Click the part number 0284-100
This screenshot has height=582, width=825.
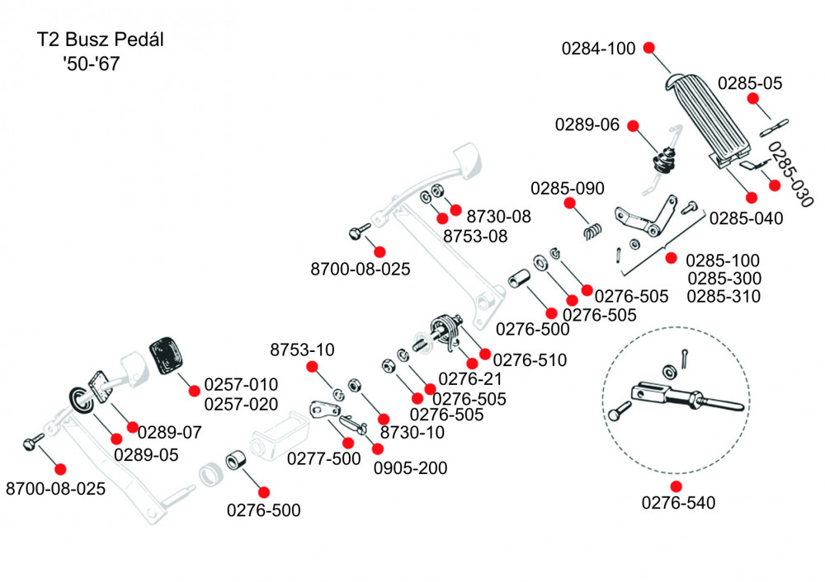coord(599,48)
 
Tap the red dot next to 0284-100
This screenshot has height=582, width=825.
coord(649,47)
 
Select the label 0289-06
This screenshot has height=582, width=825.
coord(587,125)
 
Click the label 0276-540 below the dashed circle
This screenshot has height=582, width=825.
coord(676,502)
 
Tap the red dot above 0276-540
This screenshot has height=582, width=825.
coord(676,486)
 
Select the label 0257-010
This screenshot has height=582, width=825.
coord(241,385)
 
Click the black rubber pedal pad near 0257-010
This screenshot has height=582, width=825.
coord(169,359)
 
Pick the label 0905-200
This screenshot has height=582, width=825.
coord(411,468)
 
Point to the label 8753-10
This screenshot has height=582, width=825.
coord(303,350)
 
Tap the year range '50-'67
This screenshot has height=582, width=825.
coord(90,63)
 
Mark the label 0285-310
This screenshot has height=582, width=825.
coord(724,296)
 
